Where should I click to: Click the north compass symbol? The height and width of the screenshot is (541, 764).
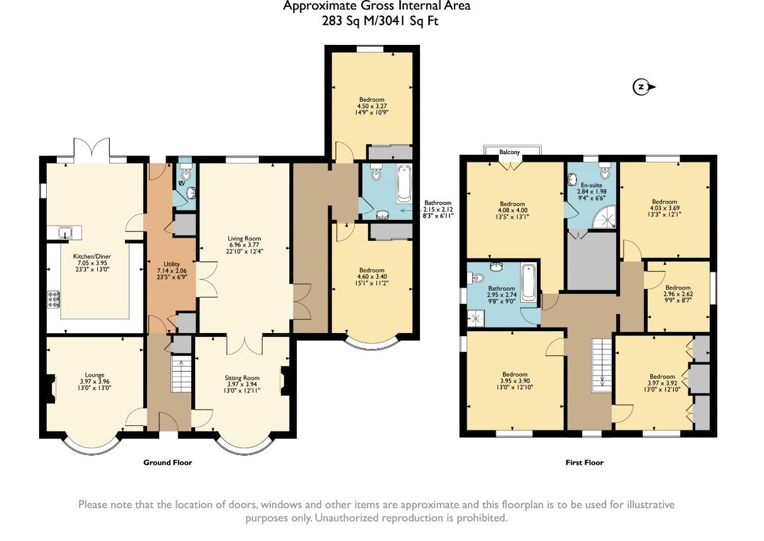[643, 87]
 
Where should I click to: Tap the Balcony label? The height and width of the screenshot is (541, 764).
[509, 152]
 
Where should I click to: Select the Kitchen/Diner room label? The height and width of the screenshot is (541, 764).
[92, 257]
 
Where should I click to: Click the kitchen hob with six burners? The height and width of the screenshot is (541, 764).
[54, 299]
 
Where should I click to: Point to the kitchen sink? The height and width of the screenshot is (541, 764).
[64, 233]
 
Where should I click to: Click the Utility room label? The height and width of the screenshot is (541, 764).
[172, 264]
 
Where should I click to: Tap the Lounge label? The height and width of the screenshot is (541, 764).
[95, 375]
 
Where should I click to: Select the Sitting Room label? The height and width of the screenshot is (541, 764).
[242, 378]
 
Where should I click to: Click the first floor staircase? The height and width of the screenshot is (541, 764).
[602, 365]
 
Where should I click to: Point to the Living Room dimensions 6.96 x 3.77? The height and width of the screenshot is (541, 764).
[244, 245]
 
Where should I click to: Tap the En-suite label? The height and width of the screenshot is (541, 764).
[592, 185]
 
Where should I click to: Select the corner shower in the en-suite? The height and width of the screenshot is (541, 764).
[605, 217]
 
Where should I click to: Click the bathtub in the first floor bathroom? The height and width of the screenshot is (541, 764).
[528, 283]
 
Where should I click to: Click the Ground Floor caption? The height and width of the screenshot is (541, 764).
[167, 463]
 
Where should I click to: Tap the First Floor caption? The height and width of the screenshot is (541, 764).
[584, 463]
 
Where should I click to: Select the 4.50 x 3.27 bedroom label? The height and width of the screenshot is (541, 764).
[371, 106]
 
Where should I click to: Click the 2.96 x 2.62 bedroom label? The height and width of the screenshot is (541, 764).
[677, 294]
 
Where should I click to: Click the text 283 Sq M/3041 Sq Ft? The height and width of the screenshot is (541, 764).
[380, 21]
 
